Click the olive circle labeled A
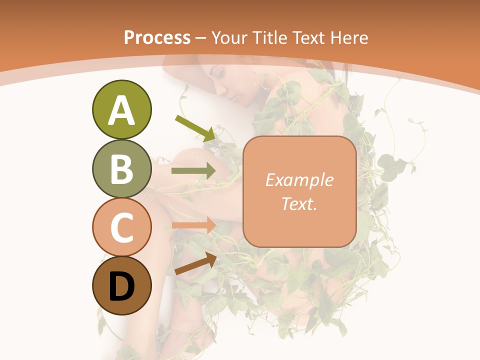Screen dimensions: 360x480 (x=121, y=109)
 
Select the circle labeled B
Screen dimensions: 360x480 (x=121, y=168)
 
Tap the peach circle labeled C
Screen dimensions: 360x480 (x=121, y=227)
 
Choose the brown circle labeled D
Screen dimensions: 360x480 (x=121, y=285)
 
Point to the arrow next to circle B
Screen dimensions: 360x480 (x=193, y=171)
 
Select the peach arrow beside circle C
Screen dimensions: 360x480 (x=193, y=225)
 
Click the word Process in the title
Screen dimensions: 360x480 (x=157, y=38)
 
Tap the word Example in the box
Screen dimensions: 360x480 (x=299, y=180)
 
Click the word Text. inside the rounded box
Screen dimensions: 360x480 (x=299, y=203)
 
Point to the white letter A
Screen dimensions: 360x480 (x=121, y=110)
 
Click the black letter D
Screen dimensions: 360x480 (x=121, y=286)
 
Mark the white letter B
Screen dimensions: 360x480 (x=121, y=169)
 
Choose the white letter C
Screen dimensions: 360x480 (x=121, y=227)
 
